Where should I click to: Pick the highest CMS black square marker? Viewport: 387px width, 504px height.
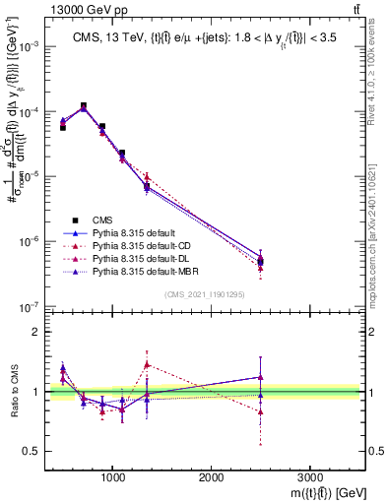click(x=83, y=105)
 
